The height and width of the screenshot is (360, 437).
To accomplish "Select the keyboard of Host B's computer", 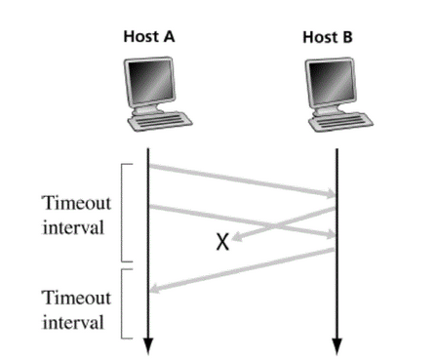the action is [x=340, y=123].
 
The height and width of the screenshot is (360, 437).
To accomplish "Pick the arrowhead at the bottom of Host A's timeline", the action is [x=148, y=344].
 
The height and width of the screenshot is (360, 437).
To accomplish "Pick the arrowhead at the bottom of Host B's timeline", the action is [x=337, y=344].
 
